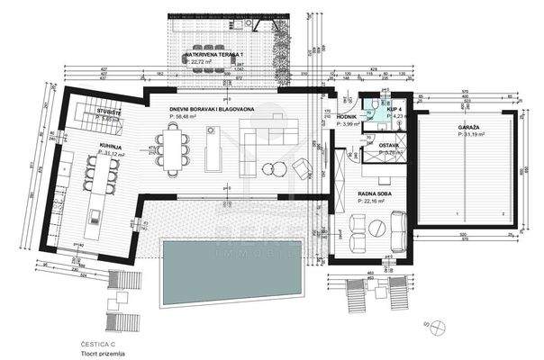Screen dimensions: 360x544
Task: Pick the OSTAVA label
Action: click(x=389, y=145)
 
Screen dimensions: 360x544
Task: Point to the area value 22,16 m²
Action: click(x=373, y=201)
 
